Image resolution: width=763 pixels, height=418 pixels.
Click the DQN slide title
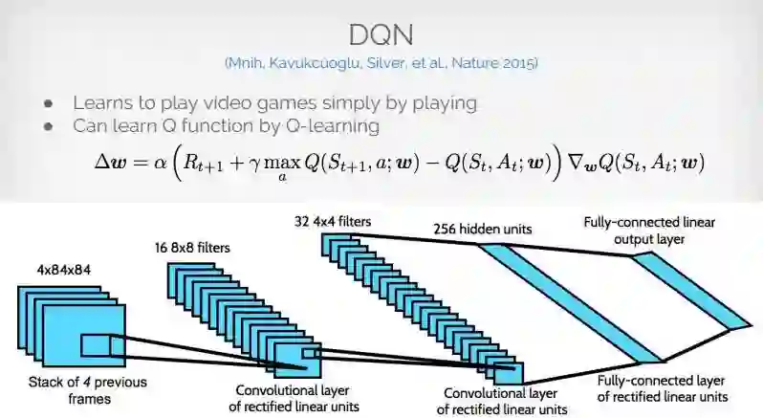381,36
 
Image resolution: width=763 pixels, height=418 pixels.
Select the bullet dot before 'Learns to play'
49,102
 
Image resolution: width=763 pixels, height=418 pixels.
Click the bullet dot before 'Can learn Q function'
49,125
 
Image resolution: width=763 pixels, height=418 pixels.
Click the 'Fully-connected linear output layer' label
648,231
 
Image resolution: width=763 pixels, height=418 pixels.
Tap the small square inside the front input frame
95,344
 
